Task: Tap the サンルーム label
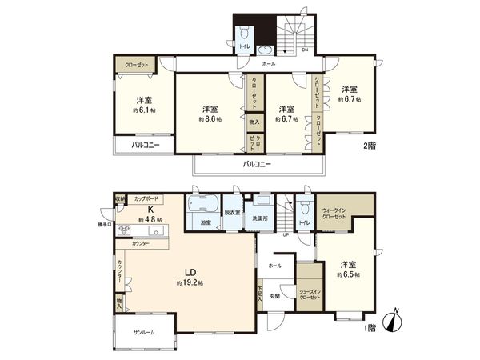(x=144, y=331)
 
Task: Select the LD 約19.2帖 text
(x=189, y=278)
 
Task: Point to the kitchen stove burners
(x=125, y=230)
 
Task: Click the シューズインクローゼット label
(x=309, y=294)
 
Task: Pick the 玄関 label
(x=274, y=296)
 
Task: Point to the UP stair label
(x=285, y=235)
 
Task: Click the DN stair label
(x=305, y=50)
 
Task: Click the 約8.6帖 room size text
(x=210, y=118)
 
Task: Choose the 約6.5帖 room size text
(x=348, y=274)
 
